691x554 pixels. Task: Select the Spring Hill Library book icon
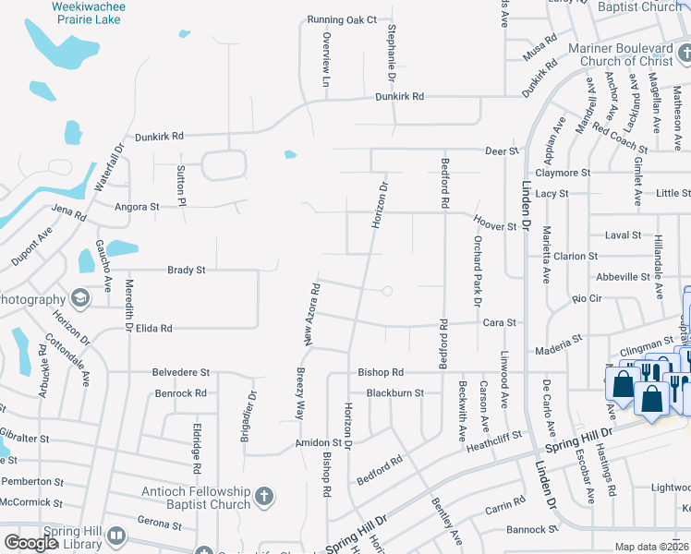pyautogui.click(x=116, y=536)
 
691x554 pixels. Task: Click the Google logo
pyautogui.click(x=30, y=543)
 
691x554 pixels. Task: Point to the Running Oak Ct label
pyautogui.click(x=343, y=19)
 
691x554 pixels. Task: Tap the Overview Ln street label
pyautogui.click(x=326, y=60)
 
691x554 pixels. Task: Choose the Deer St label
pyautogui.click(x=498, y=151)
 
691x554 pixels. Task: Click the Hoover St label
pyautogui.click(x=494, y=225)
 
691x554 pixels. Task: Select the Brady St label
pyautogui.click(x=186, y=271)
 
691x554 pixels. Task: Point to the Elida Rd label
pyautogui.click(x=154, y=328)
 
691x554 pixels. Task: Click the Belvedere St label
pyautogui.click(x=181, y=373)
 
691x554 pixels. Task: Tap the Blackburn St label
pyautogui.click(x=394, y=392)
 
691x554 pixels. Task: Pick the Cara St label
pyautogui.click(x=499, y=323)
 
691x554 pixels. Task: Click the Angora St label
pyautogui.click(x=136, y=209)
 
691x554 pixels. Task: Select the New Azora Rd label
pyautogui.click(x=314, y=314)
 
